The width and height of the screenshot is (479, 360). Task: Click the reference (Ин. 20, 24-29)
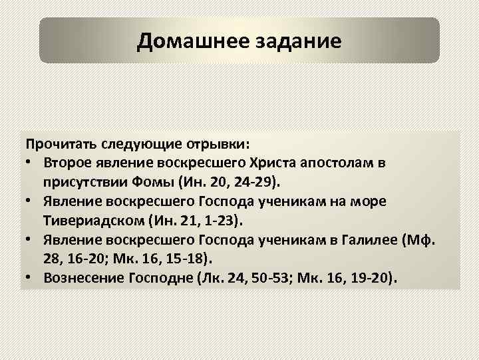pyautogui.click(x=227, y=181)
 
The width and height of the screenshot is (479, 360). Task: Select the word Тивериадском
pyautogui.click(x=94, y=219)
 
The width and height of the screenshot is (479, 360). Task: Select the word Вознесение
pyautogui.click(x=81, y=277)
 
